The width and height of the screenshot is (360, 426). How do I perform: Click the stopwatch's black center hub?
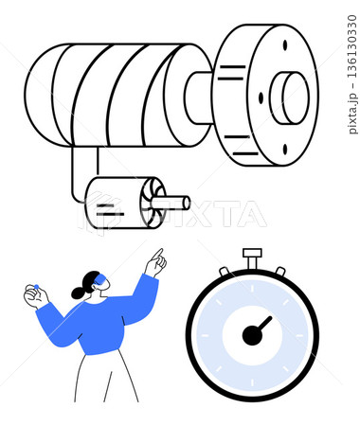pos(252,335)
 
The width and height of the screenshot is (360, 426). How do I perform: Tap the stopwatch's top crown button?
pos(252,257)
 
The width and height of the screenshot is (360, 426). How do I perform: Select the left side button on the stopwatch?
pos(225,272)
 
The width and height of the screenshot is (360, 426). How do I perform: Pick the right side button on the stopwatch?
pos(279,271)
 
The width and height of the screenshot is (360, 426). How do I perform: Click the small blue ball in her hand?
pos(36,287)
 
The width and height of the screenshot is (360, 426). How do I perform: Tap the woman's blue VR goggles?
pos(101,279)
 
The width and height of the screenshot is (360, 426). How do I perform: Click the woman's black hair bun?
pos(78,293)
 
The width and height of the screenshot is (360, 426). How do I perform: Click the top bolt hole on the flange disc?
pos(285,44)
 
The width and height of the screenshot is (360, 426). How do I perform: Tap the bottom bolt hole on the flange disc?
pos(285,149)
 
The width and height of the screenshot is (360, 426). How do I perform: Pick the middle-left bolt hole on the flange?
pos(261,98)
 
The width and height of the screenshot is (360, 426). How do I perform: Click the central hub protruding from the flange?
pos(289,98)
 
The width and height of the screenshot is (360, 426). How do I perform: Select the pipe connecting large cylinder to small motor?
pos(79,177)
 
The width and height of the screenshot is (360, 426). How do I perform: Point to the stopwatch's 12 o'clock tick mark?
pos(252,288)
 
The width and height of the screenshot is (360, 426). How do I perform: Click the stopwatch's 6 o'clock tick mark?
pos(252,382)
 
